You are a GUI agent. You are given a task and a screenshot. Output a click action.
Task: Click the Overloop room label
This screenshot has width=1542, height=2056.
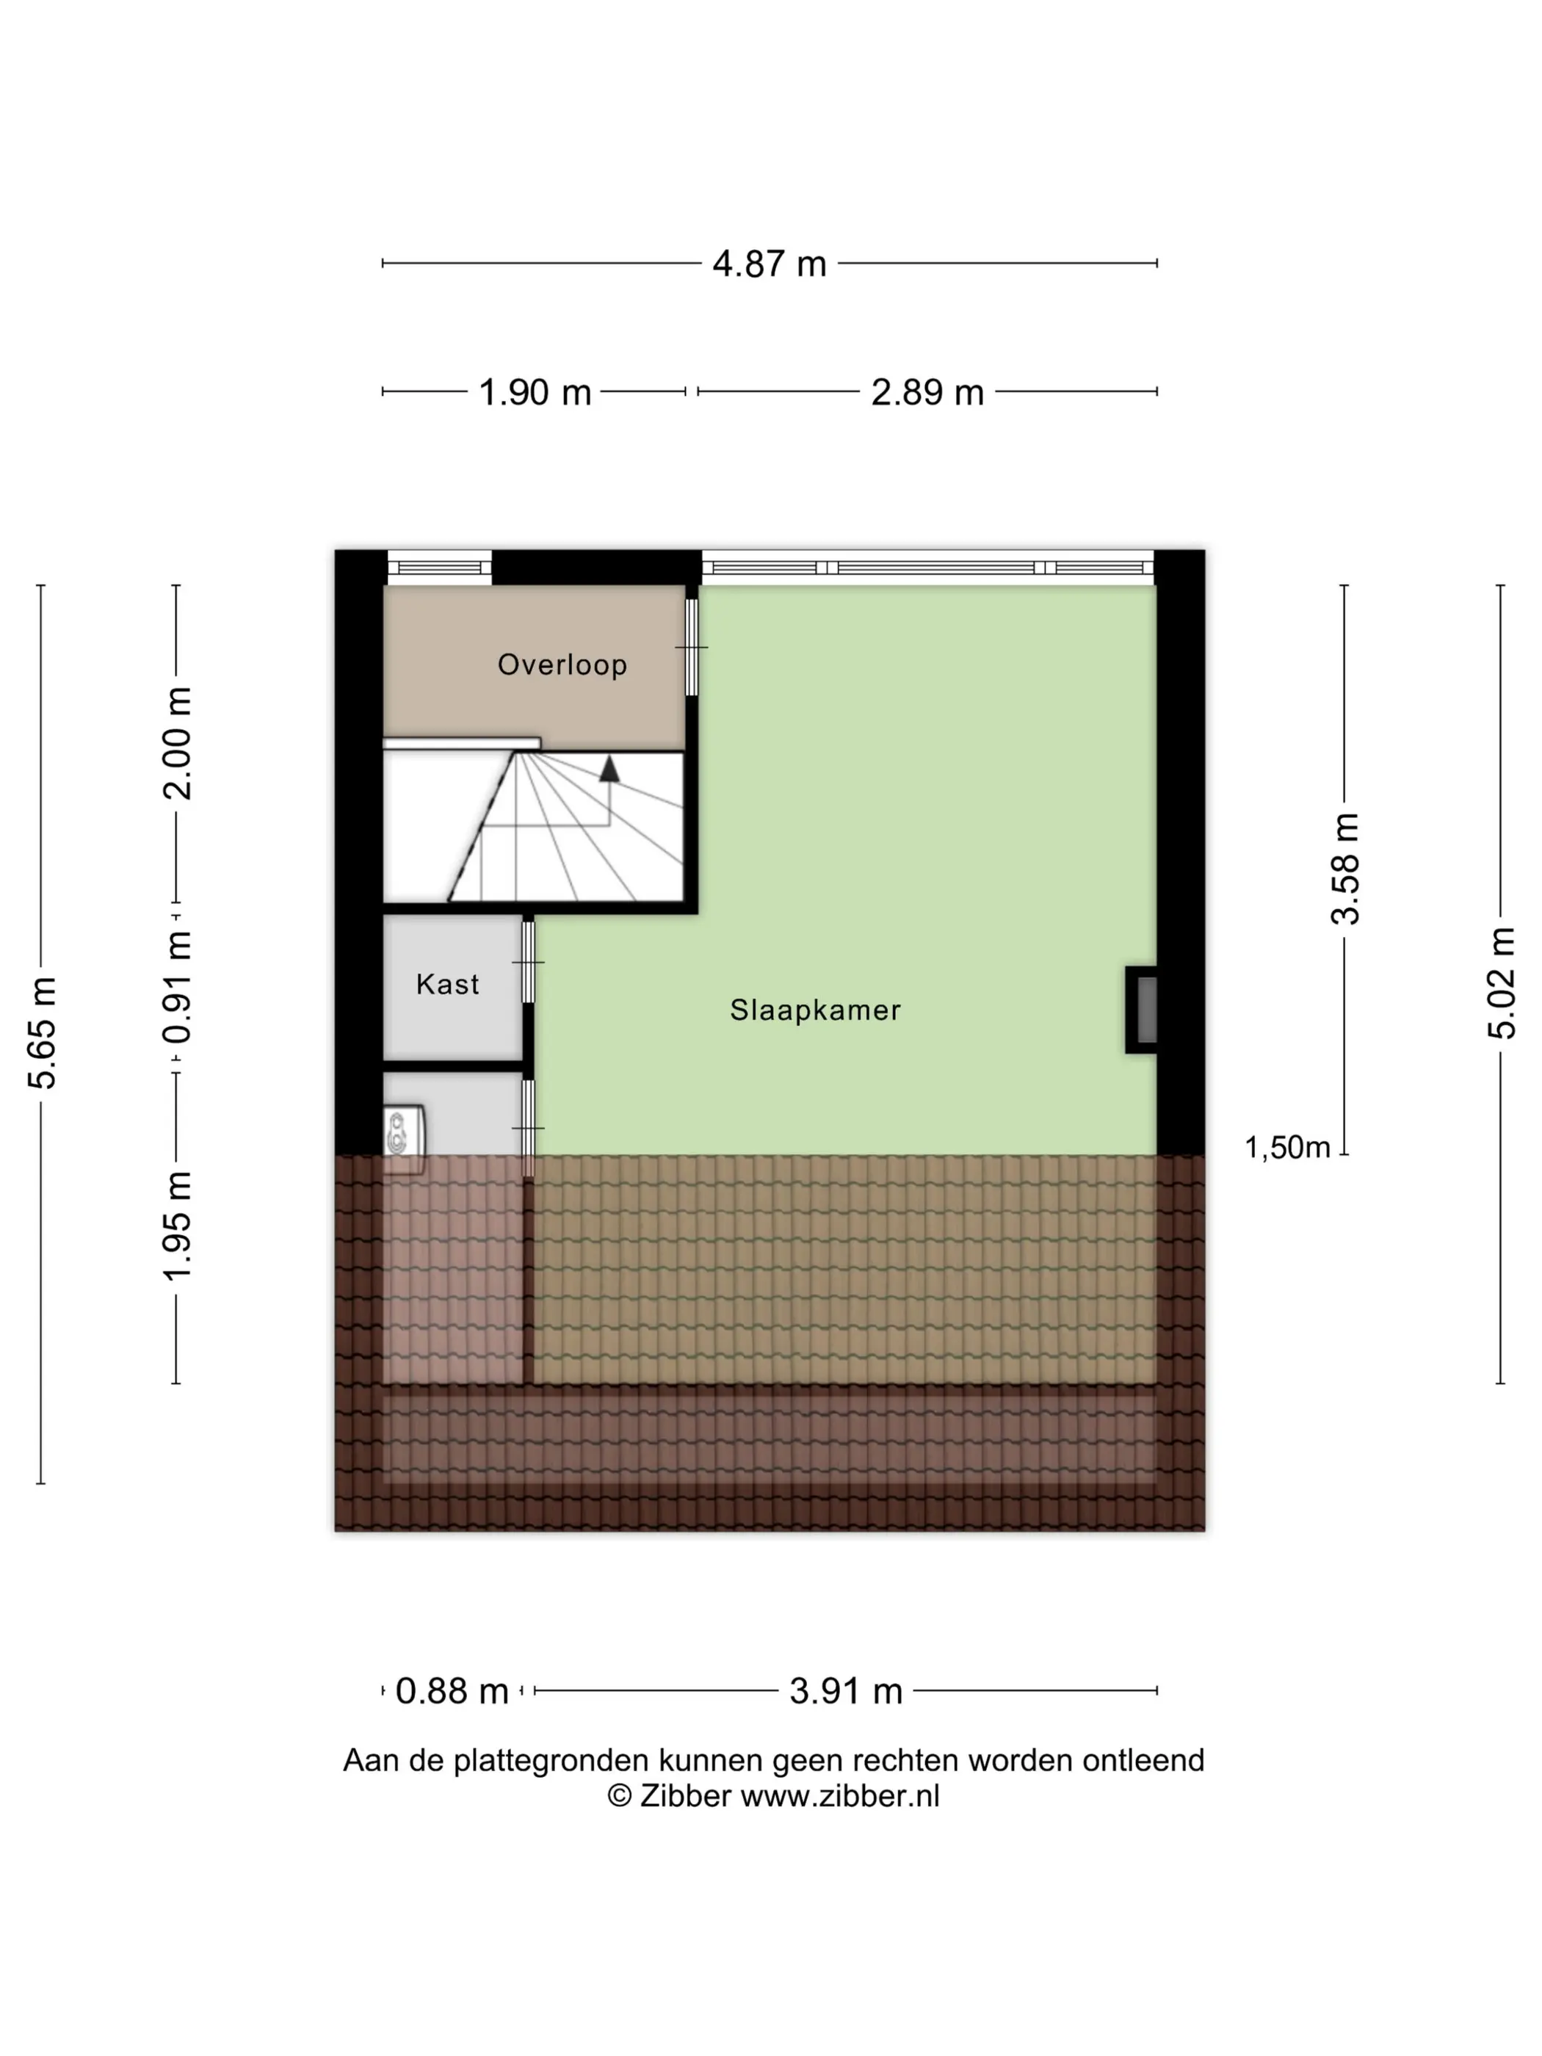click(562, 665)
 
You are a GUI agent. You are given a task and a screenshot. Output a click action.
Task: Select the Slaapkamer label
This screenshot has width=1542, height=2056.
click(815, 1010)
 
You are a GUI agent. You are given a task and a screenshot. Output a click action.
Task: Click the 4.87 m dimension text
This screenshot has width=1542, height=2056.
click(770, 264)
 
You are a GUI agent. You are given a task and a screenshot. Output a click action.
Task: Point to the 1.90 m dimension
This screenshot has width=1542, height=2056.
click(535, 392)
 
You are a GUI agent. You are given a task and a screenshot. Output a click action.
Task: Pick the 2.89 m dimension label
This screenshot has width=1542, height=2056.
click(927, 392)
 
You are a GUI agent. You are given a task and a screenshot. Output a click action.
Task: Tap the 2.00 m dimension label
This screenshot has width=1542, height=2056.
click(178, 744)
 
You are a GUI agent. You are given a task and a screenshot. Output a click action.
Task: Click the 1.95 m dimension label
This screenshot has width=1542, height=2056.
click(178, 1226)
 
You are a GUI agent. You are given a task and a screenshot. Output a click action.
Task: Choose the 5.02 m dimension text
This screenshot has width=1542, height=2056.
click(1501, 983)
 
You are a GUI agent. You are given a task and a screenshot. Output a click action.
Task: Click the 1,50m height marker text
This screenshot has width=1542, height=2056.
click(1287, 1148)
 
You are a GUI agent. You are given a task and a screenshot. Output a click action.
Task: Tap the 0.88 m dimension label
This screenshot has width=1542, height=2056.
click(452, 1691)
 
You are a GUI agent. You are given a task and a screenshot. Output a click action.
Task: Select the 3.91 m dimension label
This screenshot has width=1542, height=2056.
click(846, 1691)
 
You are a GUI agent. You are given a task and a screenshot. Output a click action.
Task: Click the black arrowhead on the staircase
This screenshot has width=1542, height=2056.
click(609, 769)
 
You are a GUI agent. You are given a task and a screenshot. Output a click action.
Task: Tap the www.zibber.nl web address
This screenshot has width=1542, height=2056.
click(840, 1796)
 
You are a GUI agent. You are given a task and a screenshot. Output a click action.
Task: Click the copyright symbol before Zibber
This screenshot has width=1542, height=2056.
click(619, 1796)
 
